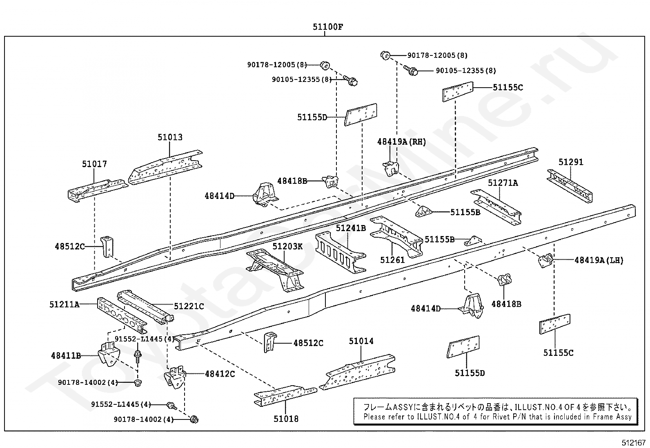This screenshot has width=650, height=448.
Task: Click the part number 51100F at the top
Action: click(328, 27)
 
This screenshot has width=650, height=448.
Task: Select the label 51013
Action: click(170, 137)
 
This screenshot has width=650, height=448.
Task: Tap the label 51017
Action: click(94, 164)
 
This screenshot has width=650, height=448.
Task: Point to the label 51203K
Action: click(288, 246)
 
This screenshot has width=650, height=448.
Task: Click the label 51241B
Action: click(351, 228)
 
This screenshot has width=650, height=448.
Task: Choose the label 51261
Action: click(392, 259)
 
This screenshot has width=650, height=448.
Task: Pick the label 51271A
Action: click(503, 183)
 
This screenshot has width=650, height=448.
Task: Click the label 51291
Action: click(571, 162)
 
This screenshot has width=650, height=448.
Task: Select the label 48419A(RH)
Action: click(402, 142)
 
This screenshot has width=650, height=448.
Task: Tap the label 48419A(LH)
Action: click(599, 260)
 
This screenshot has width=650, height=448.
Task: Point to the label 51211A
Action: click(65, 304)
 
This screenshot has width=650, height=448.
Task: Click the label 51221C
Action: click(189, 306)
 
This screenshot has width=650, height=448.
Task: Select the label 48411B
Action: click(66, 355)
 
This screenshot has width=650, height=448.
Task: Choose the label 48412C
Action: click(220, 373)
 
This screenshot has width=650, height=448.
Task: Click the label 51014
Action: click(361, 341)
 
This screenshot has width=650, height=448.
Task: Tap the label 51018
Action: click(286, 419)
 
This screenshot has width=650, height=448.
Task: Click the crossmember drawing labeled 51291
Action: click(570, 186)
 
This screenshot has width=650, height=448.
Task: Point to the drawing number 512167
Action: click(634, 442)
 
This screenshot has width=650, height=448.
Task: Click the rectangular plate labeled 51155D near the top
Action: click(361, 115)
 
